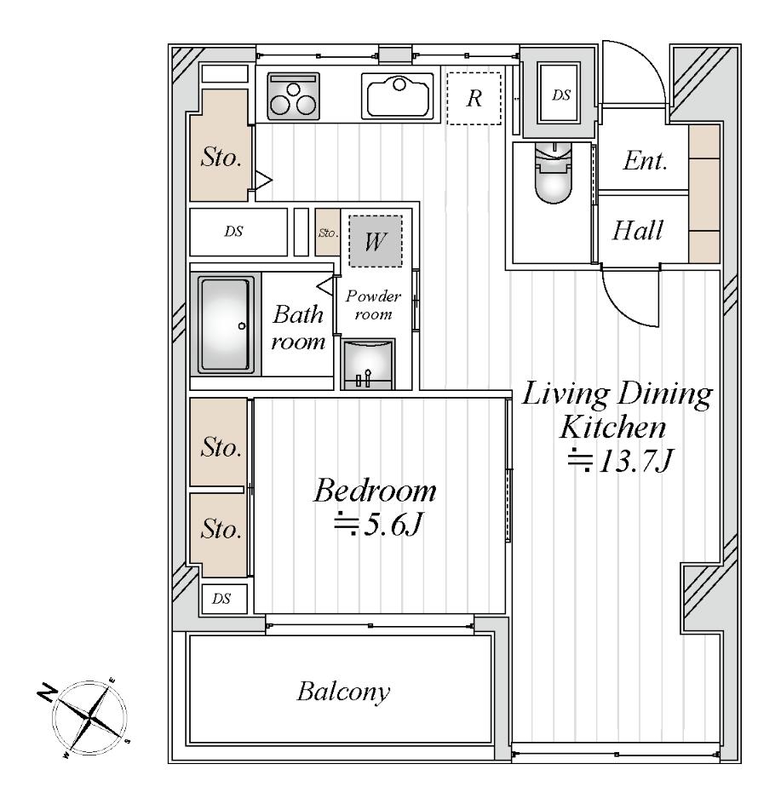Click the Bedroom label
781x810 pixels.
(x=375, y=491)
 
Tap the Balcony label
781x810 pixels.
(x=343, y=692)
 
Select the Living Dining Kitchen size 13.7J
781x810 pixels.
(x=621, y=460)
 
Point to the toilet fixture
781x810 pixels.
(x=554, y=173)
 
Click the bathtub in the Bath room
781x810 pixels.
(x=225, y=325)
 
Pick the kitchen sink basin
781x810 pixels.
(x=398, y=95)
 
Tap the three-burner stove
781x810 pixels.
(x=293, y=96)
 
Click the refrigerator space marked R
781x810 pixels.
(x=474, y=98)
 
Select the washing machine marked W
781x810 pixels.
(x=376, y=241)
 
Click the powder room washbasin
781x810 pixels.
(x=368, y=364)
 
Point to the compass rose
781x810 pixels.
(x=90, y=716)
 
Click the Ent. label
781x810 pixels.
(x=645, y=161)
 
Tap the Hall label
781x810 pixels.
(x=638, y=231)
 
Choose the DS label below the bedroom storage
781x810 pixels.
(x=221, y=599)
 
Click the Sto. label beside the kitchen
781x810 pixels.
(x=221, y=157)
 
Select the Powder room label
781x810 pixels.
(x=373, y=305)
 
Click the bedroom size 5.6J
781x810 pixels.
(x=379, y=526)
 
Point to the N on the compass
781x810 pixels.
(x=47, y=692)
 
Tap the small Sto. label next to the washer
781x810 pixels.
(x=328, y=233)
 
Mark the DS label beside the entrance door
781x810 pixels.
(x=561, y=95)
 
